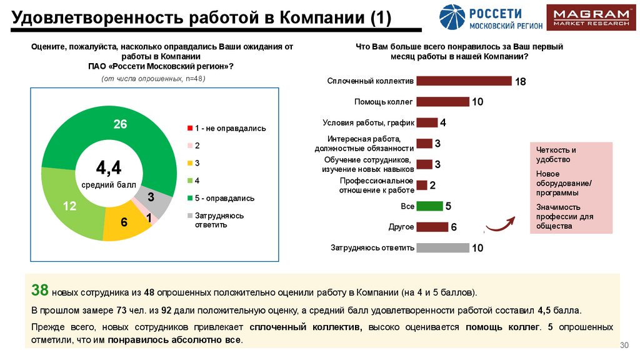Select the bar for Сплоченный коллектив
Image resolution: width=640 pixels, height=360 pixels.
click(464, 81)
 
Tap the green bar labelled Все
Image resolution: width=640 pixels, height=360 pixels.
click(429, 206)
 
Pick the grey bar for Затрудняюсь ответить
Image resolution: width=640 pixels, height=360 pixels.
click(442, 247)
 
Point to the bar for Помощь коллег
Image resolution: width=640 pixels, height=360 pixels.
click(442, 101)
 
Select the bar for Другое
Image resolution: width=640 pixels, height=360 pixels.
click(432, 227)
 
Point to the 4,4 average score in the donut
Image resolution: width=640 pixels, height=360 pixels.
click(108, 167)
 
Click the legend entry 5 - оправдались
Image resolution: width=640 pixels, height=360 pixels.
click(221, 198)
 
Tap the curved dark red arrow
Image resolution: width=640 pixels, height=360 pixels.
click(500, 223)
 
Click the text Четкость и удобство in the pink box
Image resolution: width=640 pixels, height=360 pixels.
click(556, 154)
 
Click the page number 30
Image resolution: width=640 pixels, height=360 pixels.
click(622, 346)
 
